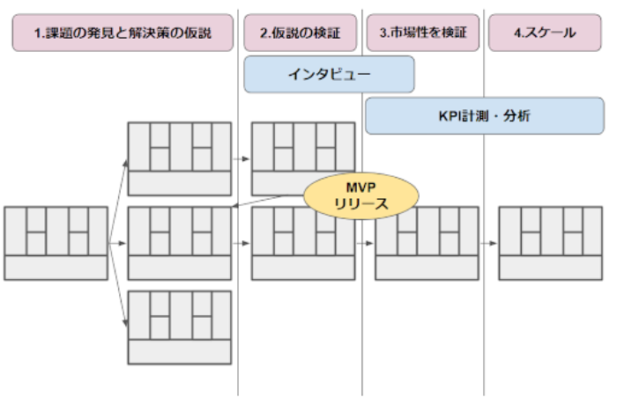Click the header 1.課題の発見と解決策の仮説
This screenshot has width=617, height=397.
(123, 34)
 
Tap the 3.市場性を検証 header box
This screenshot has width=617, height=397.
(423, 34)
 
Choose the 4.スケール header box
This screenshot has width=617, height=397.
(545, 34)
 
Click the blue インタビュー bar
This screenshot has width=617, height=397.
(329, 75)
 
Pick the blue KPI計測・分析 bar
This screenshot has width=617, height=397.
(484, 115)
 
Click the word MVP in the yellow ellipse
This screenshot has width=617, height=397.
(348, 188)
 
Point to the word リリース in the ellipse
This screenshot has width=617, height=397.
(348, 204)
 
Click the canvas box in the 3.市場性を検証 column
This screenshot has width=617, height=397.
(427, 243)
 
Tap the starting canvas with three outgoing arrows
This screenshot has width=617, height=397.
(56, 243)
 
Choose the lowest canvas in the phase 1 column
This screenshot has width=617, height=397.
(180, 327)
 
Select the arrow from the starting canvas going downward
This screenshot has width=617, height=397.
(118, 286)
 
